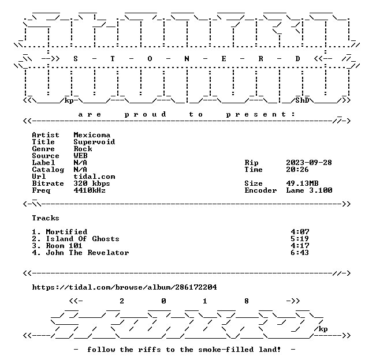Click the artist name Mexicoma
pos(92,135)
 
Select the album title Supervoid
pos(94,142)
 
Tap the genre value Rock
pos(83,149)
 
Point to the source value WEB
pos(80,156)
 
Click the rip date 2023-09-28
pos(309,163)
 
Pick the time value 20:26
pos(297,170)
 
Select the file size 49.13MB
pos(302,183)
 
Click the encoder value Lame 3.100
pos(309,190)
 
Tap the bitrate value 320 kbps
pos(92,183)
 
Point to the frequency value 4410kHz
pos(90,190)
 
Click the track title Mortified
pos(66,232)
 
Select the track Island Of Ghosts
pos(83,239)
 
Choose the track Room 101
pos(64,246)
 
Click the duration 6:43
pos(300,253)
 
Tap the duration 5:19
pos(300,239)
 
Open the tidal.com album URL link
pos(124,287)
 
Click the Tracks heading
pos(46,218)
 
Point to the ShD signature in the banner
pos(302,100)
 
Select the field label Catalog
pos(48,170)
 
